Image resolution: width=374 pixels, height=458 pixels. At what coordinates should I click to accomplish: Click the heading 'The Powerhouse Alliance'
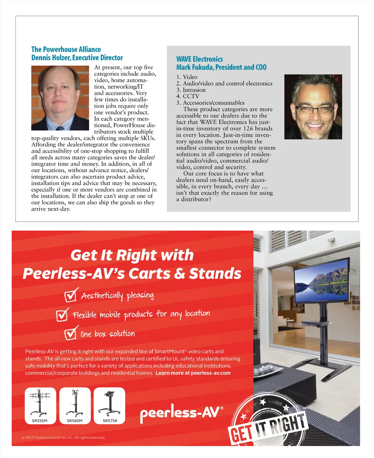click(x=66, y=49)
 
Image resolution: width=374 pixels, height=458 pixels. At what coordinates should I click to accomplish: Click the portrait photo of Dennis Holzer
click(x=60, y=98)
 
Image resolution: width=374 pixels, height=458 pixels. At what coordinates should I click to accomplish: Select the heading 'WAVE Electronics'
click(x=199, y=59)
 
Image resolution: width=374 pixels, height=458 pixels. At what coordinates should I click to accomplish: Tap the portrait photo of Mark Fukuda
click(x=313, y=107)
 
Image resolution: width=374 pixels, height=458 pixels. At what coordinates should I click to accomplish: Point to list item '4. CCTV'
click(x=188, y=96)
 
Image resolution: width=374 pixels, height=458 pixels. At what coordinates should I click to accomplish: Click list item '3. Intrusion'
click(x=191, y=90)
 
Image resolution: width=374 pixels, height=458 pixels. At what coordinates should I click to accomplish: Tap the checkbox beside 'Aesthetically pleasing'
click(x=70, y=295)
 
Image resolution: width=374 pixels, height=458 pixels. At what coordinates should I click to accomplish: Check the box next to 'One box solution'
click(x=70, y=334)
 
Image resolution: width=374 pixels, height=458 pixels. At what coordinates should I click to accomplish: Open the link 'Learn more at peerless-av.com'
click(x=193, y=373)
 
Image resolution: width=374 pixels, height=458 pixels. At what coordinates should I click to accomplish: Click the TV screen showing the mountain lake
click(x=321, y=281)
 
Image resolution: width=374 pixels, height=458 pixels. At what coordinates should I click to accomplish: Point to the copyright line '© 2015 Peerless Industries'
click(x=63, y=437)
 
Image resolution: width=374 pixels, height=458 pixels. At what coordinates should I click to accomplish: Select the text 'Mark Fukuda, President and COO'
click(x=221, y=68)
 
